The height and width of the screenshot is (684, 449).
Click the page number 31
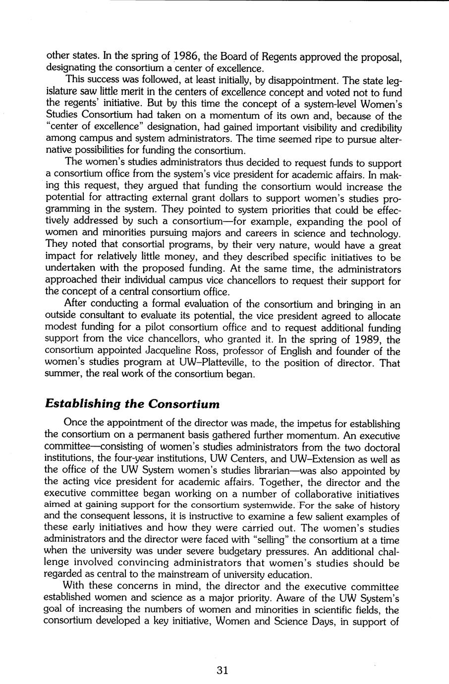[223, 671]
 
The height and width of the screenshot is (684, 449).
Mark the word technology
[375, 233]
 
